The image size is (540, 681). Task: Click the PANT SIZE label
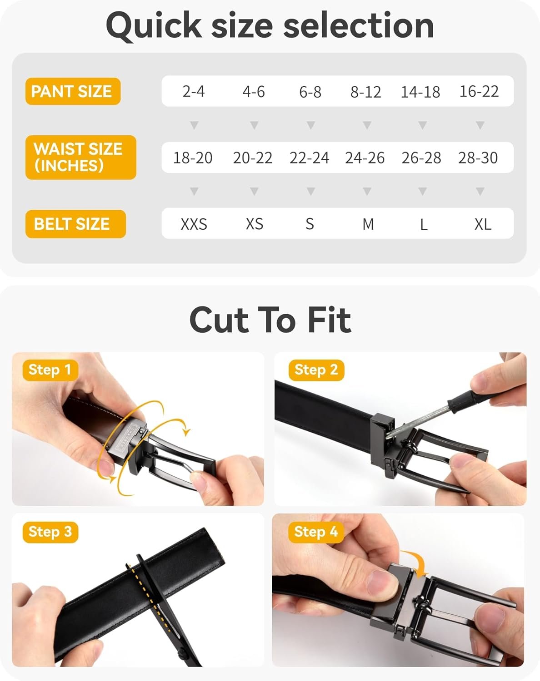(x=73, y=91)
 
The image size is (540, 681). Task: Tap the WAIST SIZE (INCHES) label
(x=80, y=157)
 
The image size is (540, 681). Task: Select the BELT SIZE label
(x=75, y=224)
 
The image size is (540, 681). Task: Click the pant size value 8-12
(x=366, y=92)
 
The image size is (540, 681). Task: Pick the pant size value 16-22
(x=479, y=91)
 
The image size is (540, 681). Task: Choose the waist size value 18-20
(x=193, y=158)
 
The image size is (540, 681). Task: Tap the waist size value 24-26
(x=365, y=158)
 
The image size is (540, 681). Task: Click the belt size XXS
(x=194, y=224)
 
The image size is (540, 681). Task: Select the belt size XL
(x=483, y=224)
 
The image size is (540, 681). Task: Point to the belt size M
(x=368, y=224)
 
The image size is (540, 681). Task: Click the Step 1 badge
(x=50, y=370)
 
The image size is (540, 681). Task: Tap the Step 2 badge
(x=316, y=370)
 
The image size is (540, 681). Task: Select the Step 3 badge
(x=50, y=532)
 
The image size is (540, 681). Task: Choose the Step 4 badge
(x=316, y=532)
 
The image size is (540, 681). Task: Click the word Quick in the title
(x=154, y=26)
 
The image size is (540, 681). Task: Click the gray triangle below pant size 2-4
(x=194, y=125)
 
